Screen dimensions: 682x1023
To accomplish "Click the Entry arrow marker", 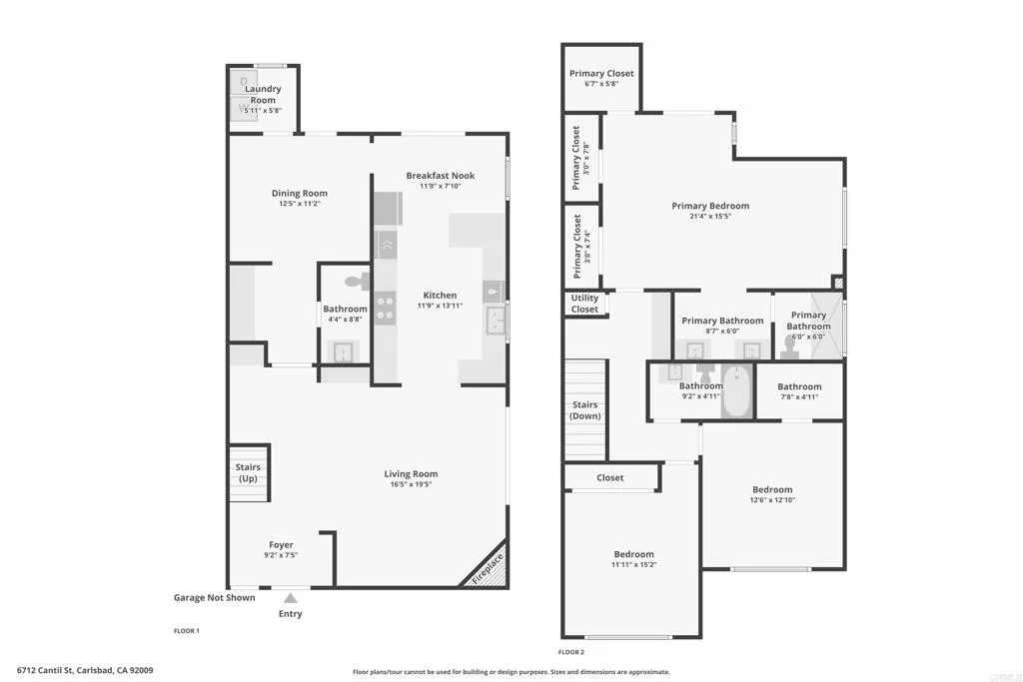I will click(290, 597).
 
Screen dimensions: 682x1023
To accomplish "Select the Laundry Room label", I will click(263, 95).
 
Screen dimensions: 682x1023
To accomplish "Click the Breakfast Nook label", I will click(440, 176).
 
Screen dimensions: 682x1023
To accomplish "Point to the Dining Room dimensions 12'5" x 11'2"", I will click(300, 204).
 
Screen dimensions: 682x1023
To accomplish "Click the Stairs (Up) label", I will click(248, 473).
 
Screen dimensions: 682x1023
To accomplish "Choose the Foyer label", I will click(281, 545).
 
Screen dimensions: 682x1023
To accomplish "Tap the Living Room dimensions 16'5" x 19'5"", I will click(411, 485).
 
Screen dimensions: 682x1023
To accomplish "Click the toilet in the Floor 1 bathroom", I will click(356, 282).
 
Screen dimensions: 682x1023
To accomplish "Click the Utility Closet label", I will click(584, 304).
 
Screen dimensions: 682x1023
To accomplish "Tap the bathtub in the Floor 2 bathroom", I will click(736, 392).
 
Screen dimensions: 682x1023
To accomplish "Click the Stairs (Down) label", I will click(584, 410).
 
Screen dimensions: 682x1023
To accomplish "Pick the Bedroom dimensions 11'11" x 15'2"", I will click(633, 565).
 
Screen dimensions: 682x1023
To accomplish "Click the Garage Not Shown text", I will click(214, 598).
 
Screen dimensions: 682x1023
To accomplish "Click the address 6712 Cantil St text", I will click(85, 671).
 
